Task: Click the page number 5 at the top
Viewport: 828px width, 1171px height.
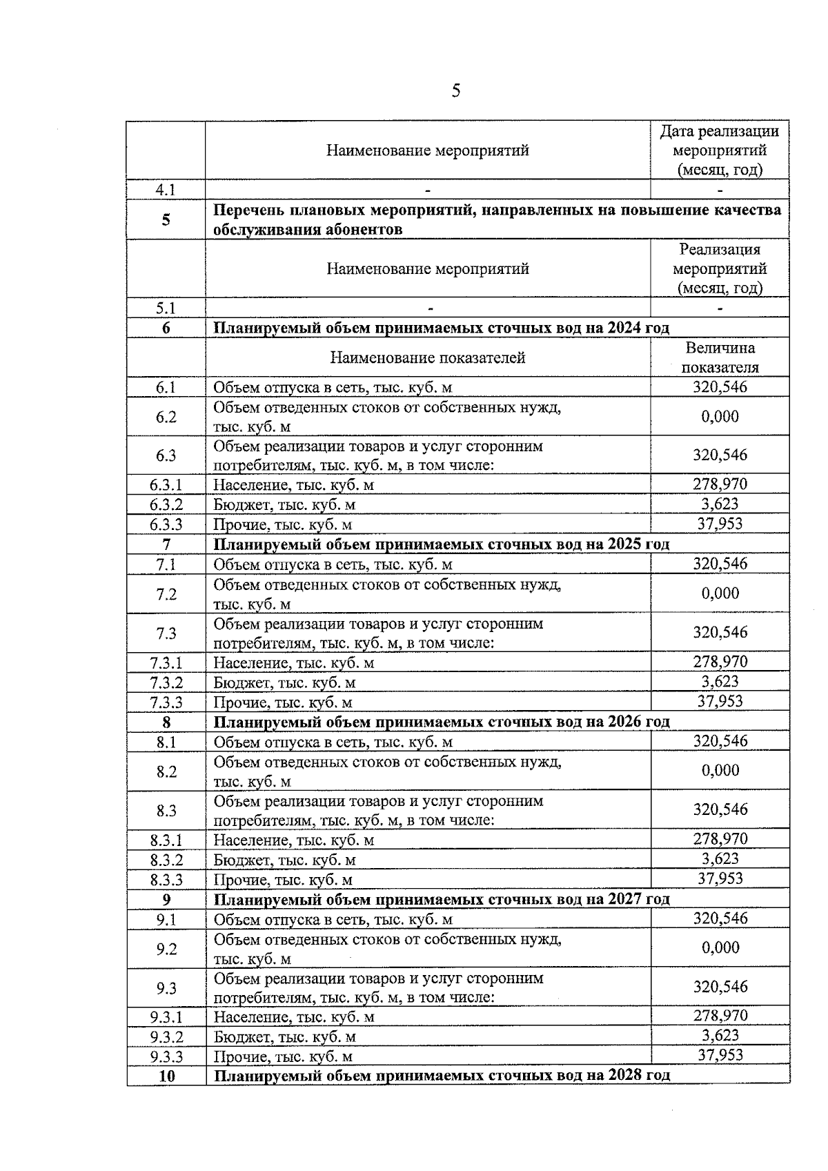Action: point(455,91)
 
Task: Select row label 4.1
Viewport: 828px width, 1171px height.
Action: point(166,190)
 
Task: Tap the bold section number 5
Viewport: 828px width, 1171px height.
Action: point(166,220)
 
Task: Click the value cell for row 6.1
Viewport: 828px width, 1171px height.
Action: point(720,387)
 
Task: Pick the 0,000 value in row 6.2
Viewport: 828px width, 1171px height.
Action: point(720,416)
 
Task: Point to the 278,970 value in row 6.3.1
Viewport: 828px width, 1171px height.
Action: point(720,484)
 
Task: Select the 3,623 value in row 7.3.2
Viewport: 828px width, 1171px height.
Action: point(720,682)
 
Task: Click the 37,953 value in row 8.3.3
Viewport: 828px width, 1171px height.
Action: point(720,878)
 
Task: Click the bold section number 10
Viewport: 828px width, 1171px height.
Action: point(166,1076)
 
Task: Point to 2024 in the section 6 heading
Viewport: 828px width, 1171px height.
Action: point(624,328)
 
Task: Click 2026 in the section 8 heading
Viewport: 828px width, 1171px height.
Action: point(624,722)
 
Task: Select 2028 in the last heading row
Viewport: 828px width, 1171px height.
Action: point(624,1076)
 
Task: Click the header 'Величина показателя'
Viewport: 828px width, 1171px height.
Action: point(720,357)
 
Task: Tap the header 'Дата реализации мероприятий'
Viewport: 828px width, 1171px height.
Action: point(720,150)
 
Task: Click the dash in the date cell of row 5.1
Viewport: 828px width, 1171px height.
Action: point(720,308)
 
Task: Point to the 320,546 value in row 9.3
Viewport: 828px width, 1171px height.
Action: point(720,987)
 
